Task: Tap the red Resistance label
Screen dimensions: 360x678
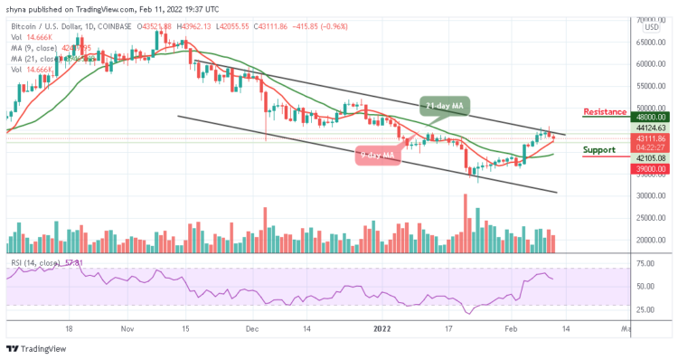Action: tap(606, 112)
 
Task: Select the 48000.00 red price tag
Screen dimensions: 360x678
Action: tap(649, 117)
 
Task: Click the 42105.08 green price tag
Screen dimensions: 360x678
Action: tap(649, 157)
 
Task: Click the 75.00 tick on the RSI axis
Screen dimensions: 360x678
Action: tap(645, 264)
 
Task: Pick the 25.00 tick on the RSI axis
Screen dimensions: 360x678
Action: tap(645, 309)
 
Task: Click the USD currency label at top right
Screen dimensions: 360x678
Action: tap(650, 27)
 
